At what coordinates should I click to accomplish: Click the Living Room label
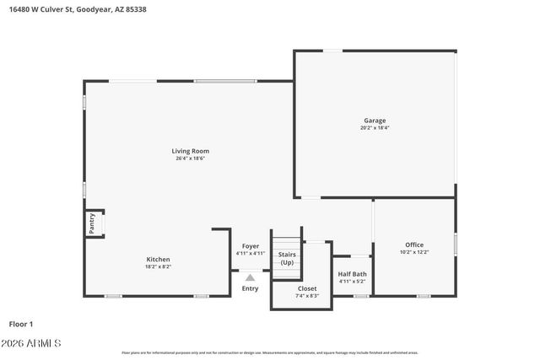pyautogui.click(x=192, y=151)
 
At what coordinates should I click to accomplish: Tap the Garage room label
pyautogui.click(x=375, y=121)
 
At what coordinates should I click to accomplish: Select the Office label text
pyautogui.click(x=413, y=244)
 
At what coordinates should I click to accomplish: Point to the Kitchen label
pyautogui.click(x=159, y=259)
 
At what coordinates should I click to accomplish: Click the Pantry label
pyautogui.click(x=92, y=223)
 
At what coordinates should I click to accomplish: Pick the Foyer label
pyautogui.click(x=251, y=246)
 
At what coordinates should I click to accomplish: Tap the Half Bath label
pyautogui.click(x=352, y=274)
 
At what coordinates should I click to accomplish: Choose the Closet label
pyautogui.click(x=307, y=288)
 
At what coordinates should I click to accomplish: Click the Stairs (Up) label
pyautogui.click(x=287, y=257)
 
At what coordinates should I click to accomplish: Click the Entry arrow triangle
pyautogui.click(x=250, y=276)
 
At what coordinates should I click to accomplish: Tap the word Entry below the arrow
pyautogui.click(x=250, y=288)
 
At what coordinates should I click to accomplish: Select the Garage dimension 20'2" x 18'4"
pyautogui.click(x=375, y=128)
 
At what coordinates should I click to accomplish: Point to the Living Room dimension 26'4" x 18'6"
pyautogui.click(x=192, y=159)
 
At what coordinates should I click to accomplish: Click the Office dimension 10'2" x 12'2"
pyautogui.click(x=413, y=252)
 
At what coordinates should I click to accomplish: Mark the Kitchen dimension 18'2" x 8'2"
pyautogui.click(x=159, y=266)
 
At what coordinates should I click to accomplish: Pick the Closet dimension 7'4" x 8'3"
pyautogui.click(x=307, y=296)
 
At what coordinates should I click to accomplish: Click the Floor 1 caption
pyautogui.click(x=20, y=324)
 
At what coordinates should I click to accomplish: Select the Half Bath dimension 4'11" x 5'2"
pyautogui.click(x=352, y=282)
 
